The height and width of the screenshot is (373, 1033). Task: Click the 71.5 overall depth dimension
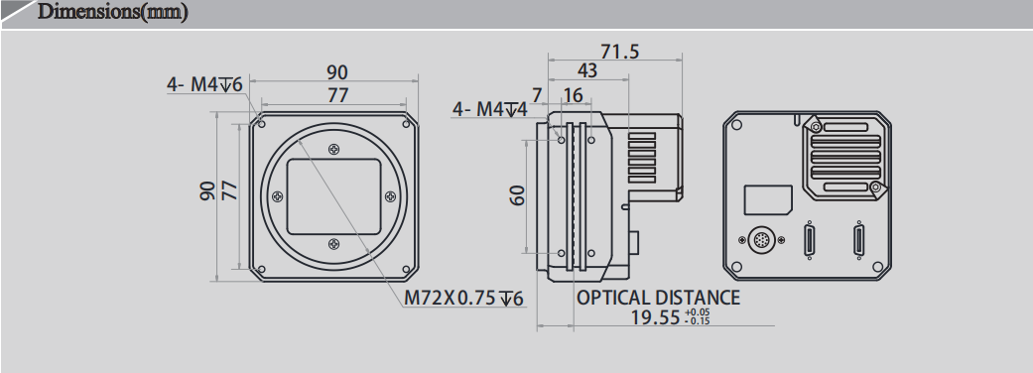(619, 52)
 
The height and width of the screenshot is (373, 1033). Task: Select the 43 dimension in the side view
(588, 70)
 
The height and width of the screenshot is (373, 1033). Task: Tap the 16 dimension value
(572, 95)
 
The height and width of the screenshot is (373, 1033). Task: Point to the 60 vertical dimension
(516, 194)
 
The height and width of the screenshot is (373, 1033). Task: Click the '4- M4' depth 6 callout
(204, 85)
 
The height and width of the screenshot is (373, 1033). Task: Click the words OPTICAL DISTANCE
(658, 297)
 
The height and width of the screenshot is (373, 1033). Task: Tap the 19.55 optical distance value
(657, 317)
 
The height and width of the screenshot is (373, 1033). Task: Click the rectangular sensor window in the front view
(332, 194)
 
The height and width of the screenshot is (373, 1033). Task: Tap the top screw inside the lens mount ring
(331, 150)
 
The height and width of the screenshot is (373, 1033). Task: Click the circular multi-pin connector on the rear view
(761, 240)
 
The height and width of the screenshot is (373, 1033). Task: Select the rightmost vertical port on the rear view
(856, 240)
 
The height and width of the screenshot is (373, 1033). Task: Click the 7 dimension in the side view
(537, 95)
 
